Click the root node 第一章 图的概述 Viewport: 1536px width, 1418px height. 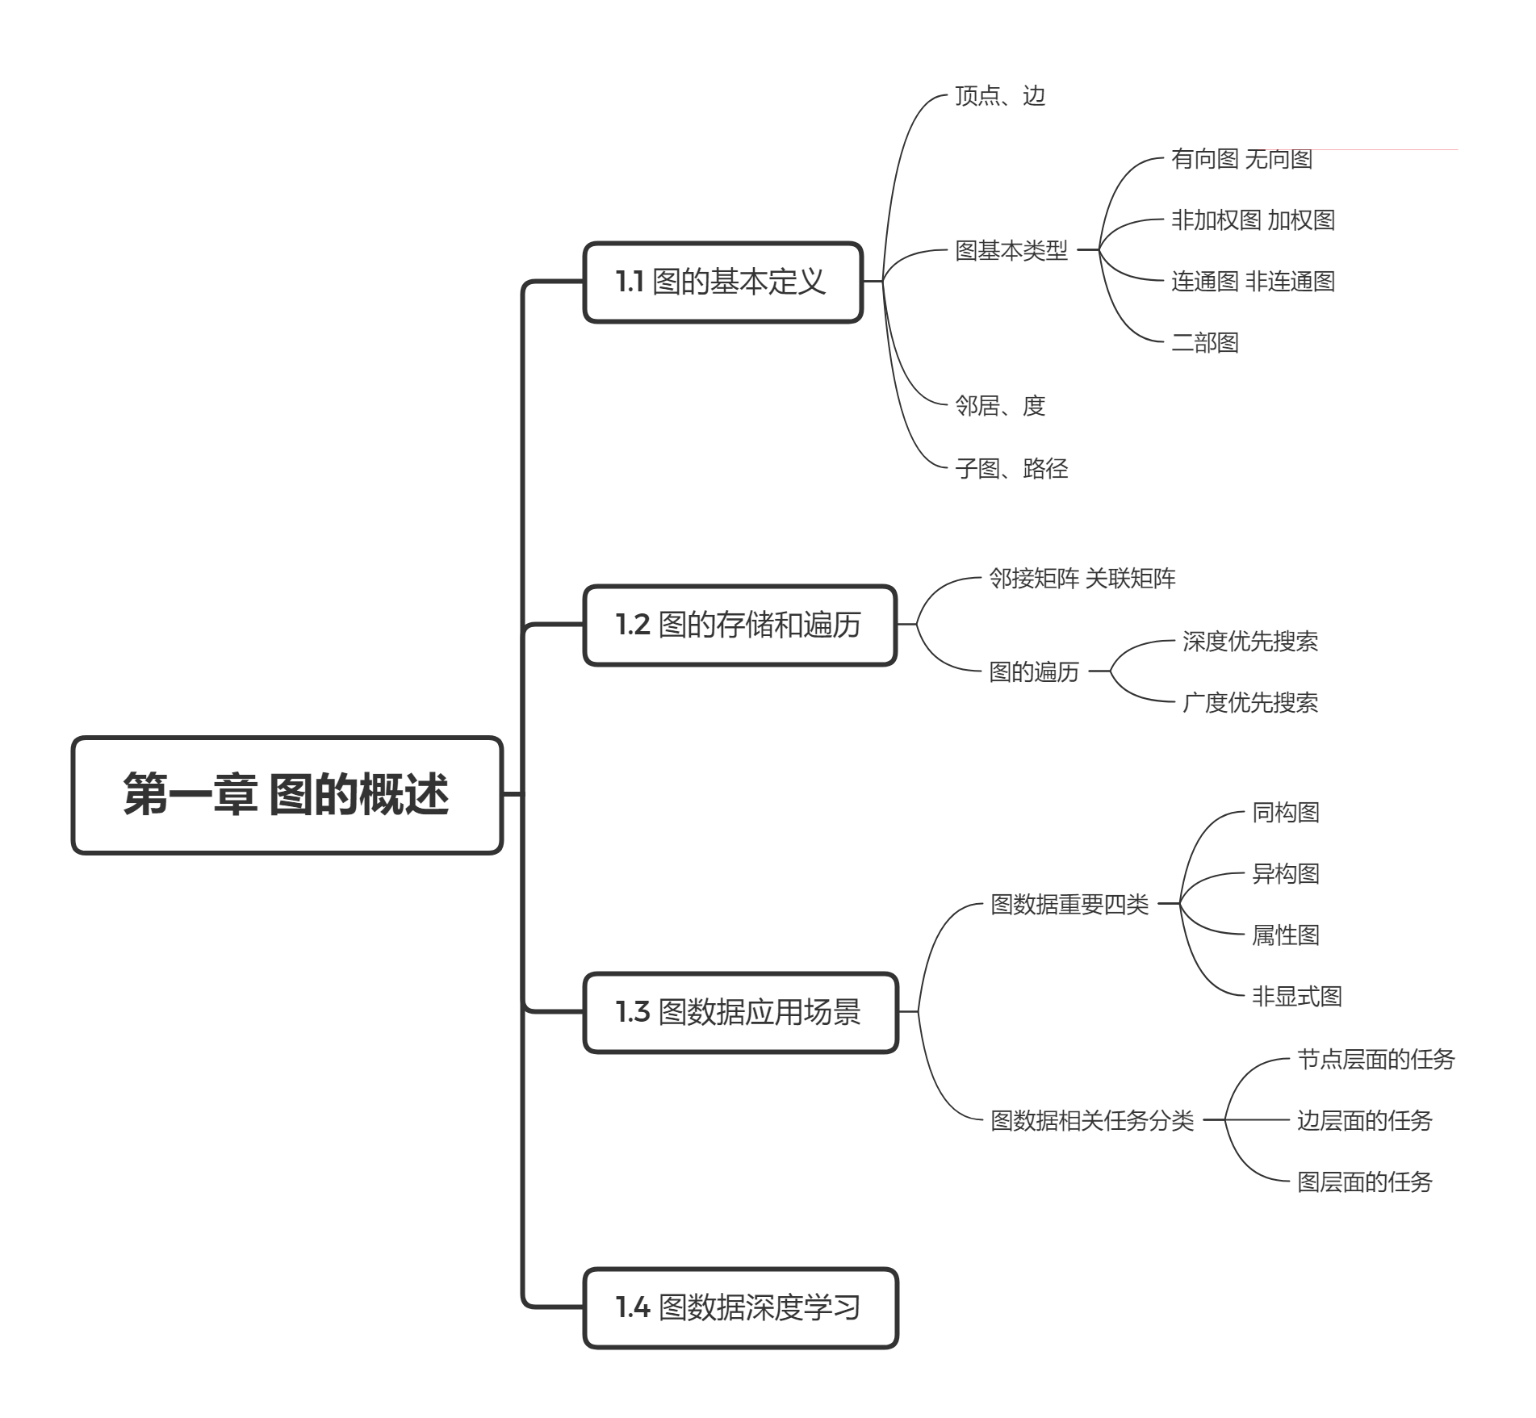287,795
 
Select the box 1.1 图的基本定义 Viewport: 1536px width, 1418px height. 722,282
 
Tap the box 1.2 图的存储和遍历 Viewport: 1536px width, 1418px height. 739,625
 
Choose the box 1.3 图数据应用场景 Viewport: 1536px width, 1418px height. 740,1012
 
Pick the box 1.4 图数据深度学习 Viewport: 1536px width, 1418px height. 740,1307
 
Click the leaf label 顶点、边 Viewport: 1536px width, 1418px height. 999,96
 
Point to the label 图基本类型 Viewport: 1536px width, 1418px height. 1011,250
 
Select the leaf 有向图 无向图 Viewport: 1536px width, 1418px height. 1241,159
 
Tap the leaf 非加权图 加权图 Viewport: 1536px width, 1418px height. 1252,220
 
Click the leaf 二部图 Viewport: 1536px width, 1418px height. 1204,343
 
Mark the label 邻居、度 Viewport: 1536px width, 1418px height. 999,405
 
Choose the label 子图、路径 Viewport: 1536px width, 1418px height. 1011,468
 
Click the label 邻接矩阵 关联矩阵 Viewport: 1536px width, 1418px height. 1082,579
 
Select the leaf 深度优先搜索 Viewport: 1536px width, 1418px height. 1249,642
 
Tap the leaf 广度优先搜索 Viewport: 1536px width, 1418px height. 1249,702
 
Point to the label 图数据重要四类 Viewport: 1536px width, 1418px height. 1069,904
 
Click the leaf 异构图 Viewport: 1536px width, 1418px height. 1285,873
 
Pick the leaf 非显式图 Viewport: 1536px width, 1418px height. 1296,996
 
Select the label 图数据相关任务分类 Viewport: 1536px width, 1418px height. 1091,1120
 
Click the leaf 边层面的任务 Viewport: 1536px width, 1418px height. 1364,1120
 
